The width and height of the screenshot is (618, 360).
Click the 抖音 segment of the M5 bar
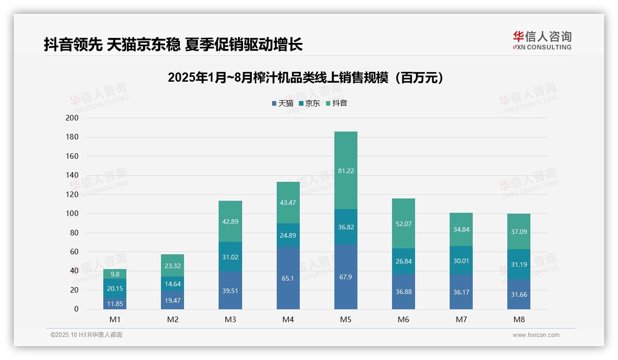coord(345,170)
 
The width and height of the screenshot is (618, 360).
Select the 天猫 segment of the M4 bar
coord(288,278)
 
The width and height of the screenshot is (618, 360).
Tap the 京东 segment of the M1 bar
coord(115,288)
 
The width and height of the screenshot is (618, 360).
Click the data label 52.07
coord(403,224)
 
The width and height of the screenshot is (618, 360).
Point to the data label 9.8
coord(115,274)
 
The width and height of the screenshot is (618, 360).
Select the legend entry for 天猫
coord(282,103)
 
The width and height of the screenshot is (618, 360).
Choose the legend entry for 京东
coord(309,103)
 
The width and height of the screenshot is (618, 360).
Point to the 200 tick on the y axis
coord(72,118)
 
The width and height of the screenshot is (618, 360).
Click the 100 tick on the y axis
coord(72,214)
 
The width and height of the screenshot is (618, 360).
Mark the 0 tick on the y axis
coord(76,309)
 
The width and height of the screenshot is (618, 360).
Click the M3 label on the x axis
coord(230,319)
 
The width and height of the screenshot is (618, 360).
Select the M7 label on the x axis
coord(461,319)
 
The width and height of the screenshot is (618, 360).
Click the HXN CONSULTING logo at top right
coord(542,41)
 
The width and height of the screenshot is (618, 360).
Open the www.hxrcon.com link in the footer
coord(536,335)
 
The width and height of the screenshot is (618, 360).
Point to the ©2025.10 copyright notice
coord(86,335)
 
